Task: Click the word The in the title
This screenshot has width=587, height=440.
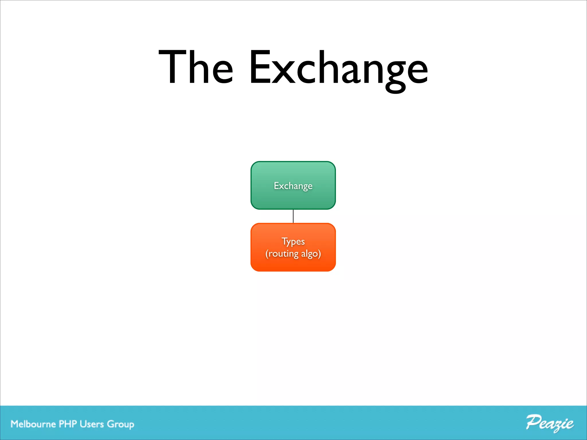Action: pyautogui.click(x=196, y=67)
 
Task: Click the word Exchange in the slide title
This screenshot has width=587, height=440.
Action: pyautogui.click(x=338, y=69)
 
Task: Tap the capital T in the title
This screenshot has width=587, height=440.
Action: pyautogui.click(x=172, y=67)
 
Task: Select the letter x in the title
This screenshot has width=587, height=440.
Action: pyautogui.click(x=283, y=72)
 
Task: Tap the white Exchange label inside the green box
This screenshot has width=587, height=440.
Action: pyautogui.click(x=293, y=186)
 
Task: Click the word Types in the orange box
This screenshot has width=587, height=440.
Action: pyautogui.click(x=293, y=241)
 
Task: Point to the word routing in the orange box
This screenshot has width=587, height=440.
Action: pyautogui.click(x=283, y=254)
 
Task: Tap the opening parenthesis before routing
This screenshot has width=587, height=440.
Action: pyautogui.click(x=267, y=254)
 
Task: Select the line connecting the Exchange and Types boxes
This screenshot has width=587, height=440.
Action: pyautogui.click(x=293, y=216)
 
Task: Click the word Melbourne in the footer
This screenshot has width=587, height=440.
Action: pyautogui.click(x=33, y=424)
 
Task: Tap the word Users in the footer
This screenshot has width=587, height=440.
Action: pyautogui.click(x=92, y=424)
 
